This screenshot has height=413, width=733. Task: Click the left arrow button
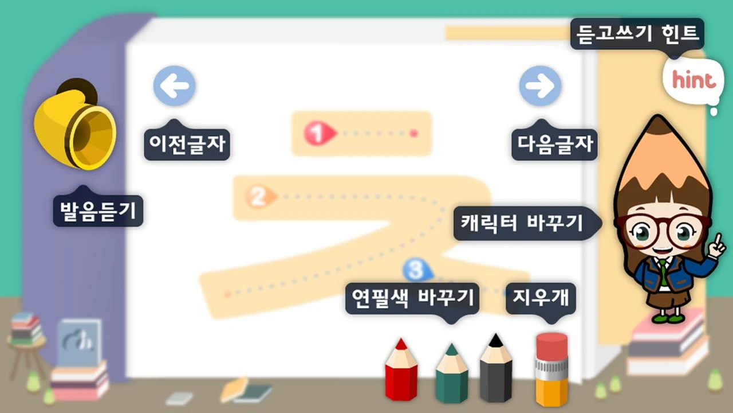[x=175, y=86]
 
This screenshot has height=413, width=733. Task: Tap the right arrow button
[x=540, y=86]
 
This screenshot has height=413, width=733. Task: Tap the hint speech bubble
[x=693, y=80]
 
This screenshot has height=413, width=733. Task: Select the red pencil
[x=401, y=370]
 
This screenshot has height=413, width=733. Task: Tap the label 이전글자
[x=187, y=142]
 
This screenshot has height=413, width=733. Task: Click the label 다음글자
[x=554, y=142]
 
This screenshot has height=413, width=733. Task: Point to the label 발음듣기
[x=98, y=210]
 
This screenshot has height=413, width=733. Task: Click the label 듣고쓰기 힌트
[x=637, y=34]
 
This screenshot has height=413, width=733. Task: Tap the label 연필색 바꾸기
[x=412, y=298]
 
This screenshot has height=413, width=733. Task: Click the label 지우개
[x=540, y=298]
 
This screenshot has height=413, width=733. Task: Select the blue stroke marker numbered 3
[x=416, y=268]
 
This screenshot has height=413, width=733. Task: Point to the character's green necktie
[x=663, y=271]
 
